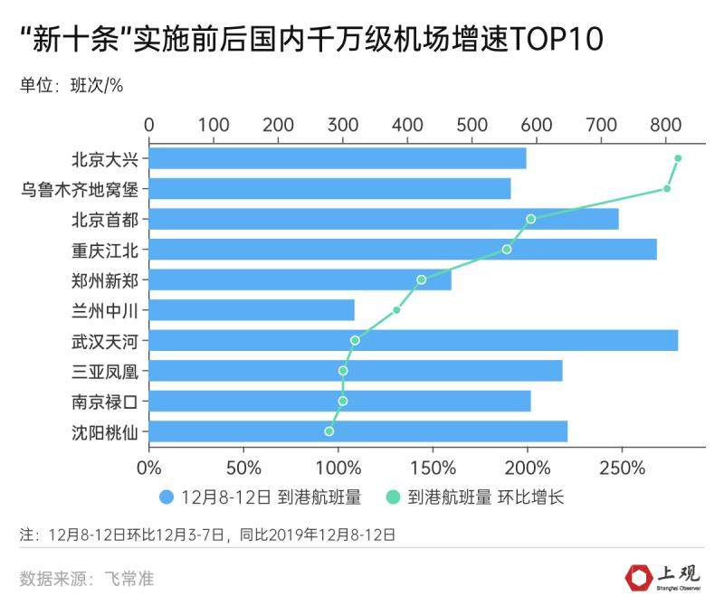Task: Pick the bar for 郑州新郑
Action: pos(300,279)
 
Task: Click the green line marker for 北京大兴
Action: pos(678,158)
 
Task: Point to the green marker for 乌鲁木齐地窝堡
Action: pos(667,188)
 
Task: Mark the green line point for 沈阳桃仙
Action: pos(329,431)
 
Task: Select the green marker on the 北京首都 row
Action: pos(530,219)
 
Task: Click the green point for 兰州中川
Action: pos(396,310)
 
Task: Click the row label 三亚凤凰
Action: pos(105,371)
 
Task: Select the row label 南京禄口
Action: pos(105,401)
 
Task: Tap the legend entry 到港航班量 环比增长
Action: pos(474,497)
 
